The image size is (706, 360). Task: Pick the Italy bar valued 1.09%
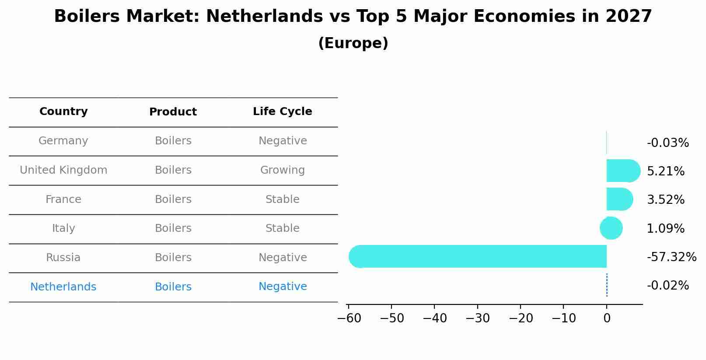(x=611, y=228)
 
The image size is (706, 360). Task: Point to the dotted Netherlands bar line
(x=607, y=285)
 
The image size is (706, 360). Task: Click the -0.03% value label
(x=668, y=143)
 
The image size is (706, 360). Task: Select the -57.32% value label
(x=671, y=257)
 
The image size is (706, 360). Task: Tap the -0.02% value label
(x=668, y=286)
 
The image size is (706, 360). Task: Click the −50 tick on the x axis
(x=391, y=318)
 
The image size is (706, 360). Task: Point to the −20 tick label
(x=521, y=318)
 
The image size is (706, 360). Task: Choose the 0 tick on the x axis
(x=607, y=318)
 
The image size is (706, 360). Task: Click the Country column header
(x=63, y=112)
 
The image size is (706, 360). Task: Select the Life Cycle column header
(x=283, y=112)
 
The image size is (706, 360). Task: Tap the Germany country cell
(x=63, y=141)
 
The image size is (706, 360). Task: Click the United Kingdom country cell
(x=63, y=170)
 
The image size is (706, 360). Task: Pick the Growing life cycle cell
(x=283, y=170)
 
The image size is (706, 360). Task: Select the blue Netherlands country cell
(x=63, y=287)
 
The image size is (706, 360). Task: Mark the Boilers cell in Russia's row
(x=173, y=258)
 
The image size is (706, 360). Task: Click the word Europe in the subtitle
(x=353, y=43)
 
